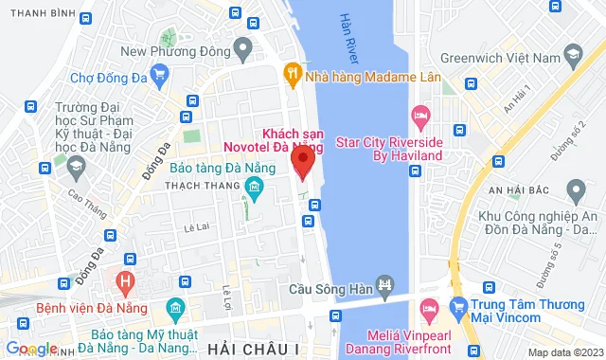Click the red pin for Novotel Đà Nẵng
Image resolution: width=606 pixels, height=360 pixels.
tap(303, 162)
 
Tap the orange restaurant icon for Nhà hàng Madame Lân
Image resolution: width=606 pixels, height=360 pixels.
tap(294, 72)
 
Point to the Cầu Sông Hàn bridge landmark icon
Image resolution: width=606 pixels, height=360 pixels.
tap(384, 283)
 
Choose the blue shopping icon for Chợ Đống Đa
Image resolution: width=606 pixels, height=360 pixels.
tap(158, 72)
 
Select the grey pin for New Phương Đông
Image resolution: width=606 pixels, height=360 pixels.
tap(244, 45)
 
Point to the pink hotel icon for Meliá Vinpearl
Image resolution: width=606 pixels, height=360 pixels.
tap(428, 308)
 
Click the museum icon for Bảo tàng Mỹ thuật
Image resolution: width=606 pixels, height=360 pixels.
tap(174, 309)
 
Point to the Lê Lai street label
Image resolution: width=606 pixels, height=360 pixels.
tap(198, 227)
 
